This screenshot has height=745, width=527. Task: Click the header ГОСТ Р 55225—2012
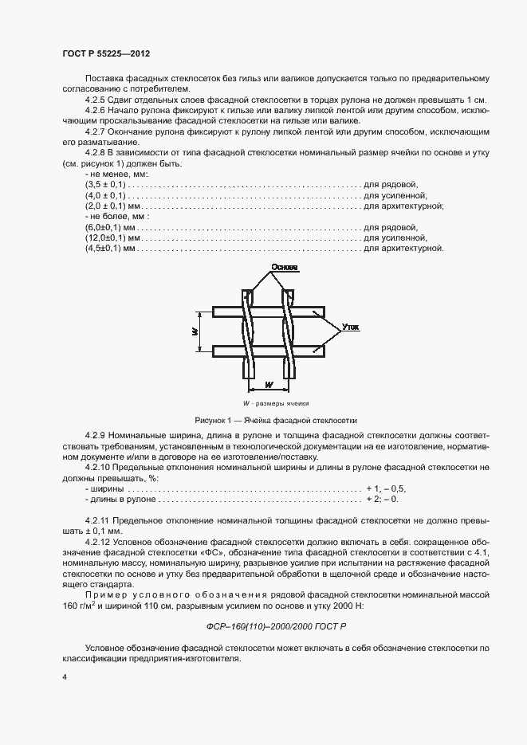click(x=106, y=53)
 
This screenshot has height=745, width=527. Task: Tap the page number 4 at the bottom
click(x=65, y=676)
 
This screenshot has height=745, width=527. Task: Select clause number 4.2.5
click(x=99, y=100)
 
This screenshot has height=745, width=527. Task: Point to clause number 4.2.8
click(x=99, y=152)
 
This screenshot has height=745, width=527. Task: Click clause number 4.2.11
click(x=101, y=519)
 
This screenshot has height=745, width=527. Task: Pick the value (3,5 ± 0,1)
click(x=105, y=184)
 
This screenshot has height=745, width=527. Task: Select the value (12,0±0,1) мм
click(x=113, y=238)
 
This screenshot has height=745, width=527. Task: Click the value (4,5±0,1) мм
click(x=111, y=249)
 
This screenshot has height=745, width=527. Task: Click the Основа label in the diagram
click(x=284, y=268)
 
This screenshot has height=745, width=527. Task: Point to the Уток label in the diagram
click(x=349, y=327)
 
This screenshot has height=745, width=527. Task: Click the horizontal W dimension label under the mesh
click(x=268, y=385)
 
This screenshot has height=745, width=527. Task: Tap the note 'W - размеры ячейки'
click(x=275, y=404)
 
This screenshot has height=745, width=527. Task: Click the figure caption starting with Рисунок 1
click(x=275, y=419)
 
